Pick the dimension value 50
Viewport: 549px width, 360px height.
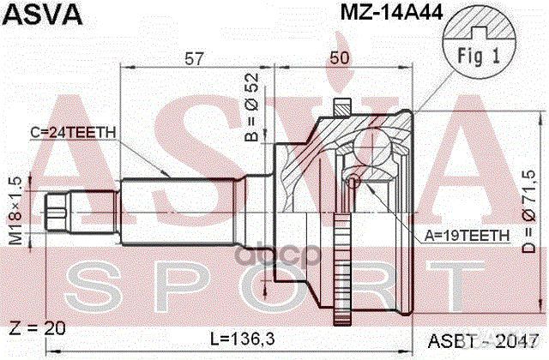[341, 57]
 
